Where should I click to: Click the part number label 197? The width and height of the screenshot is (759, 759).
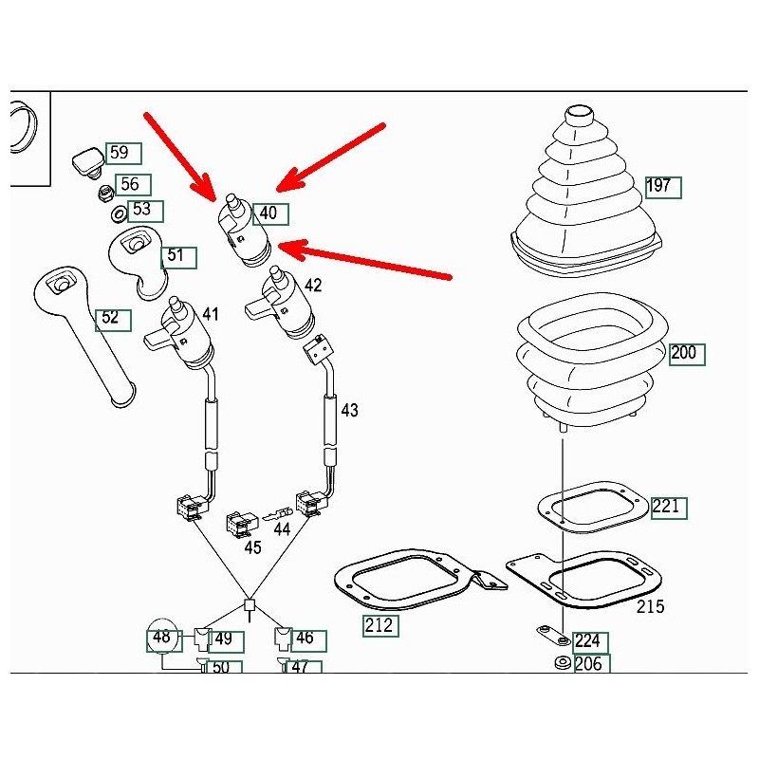point(660,186)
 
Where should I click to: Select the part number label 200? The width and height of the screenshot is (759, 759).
point(684,354)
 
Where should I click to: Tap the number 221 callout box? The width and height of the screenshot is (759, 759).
point(668,508)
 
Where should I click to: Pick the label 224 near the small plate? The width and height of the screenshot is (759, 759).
point(588,642)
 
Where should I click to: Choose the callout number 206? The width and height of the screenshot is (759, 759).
point(588,664)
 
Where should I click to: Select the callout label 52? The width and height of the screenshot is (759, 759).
point(111,318)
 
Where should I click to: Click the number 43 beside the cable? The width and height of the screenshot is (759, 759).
point(350,411)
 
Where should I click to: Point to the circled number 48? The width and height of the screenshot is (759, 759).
point(162,639)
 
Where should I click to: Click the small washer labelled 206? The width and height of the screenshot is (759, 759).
point(561,662)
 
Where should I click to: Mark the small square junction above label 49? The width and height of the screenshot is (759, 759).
point(250,604)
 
